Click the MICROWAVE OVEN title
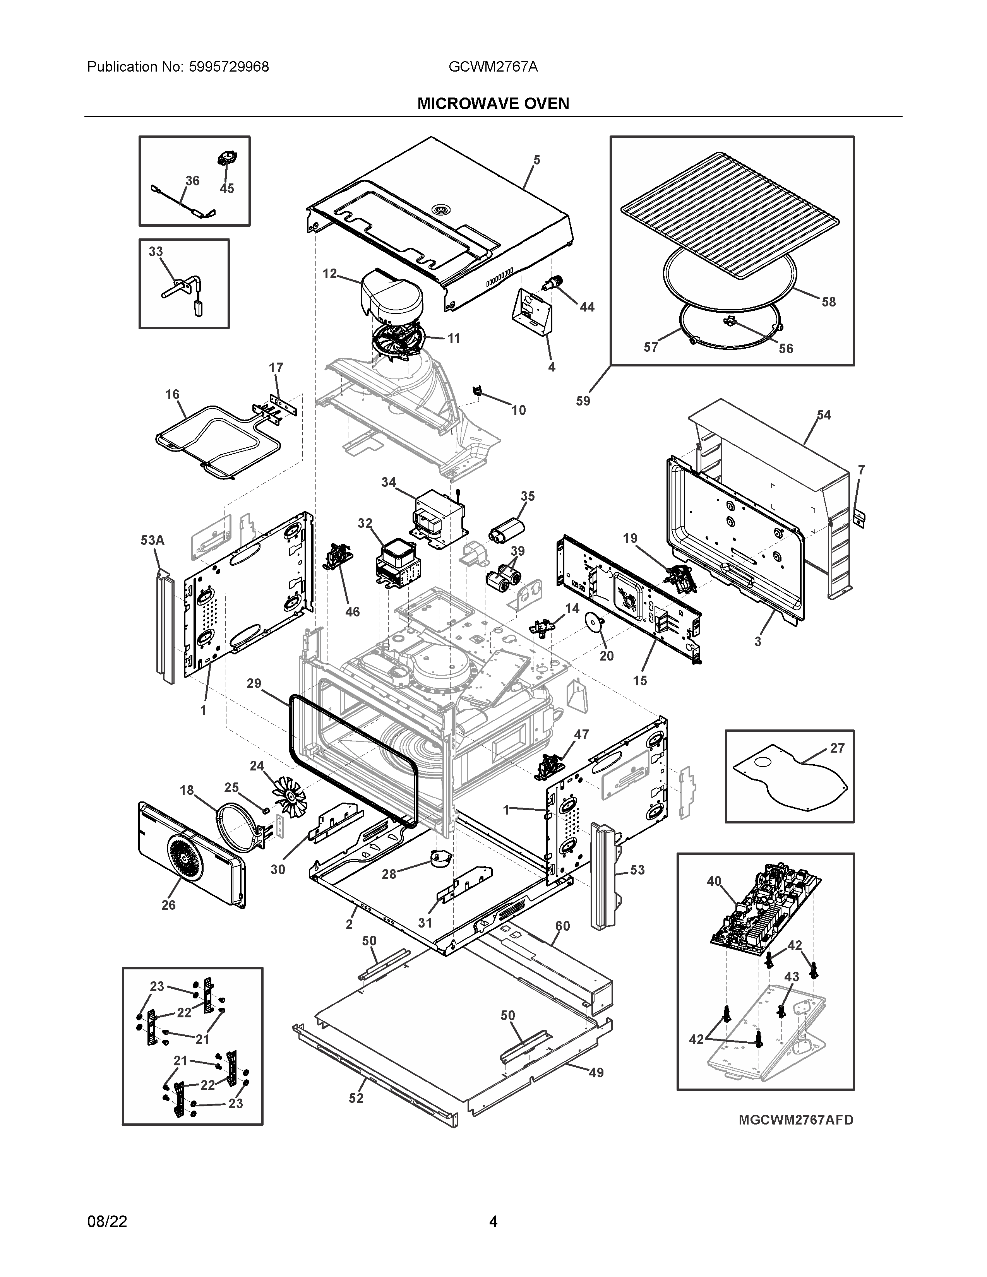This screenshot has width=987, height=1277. (493, 104)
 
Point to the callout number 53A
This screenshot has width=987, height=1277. (152, 540)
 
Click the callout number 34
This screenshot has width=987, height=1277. (389, 483)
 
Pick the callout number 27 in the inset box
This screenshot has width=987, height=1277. (837, 748)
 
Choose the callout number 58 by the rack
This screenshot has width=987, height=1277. (829, 302)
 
